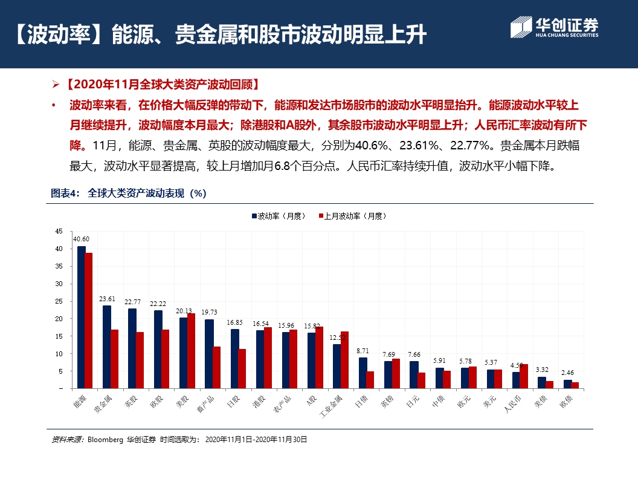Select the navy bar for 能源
[x=81, y=317]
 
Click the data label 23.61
[x=107, y=299]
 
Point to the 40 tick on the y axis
[x=59, y=249]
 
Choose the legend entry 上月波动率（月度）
[x=351, y=216]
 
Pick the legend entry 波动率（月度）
[x=279, y=216]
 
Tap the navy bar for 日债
[x=362, y=373]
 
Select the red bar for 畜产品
[x=216, y=367]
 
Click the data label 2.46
[x=567, y=373]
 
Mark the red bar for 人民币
[x=523, y=376]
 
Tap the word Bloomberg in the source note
[x=105, y=440]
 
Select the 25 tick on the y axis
[x=59, y=301]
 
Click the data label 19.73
[x=210, y=312]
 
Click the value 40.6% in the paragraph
[x=375, y=145]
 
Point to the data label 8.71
[x=362, y=351]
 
